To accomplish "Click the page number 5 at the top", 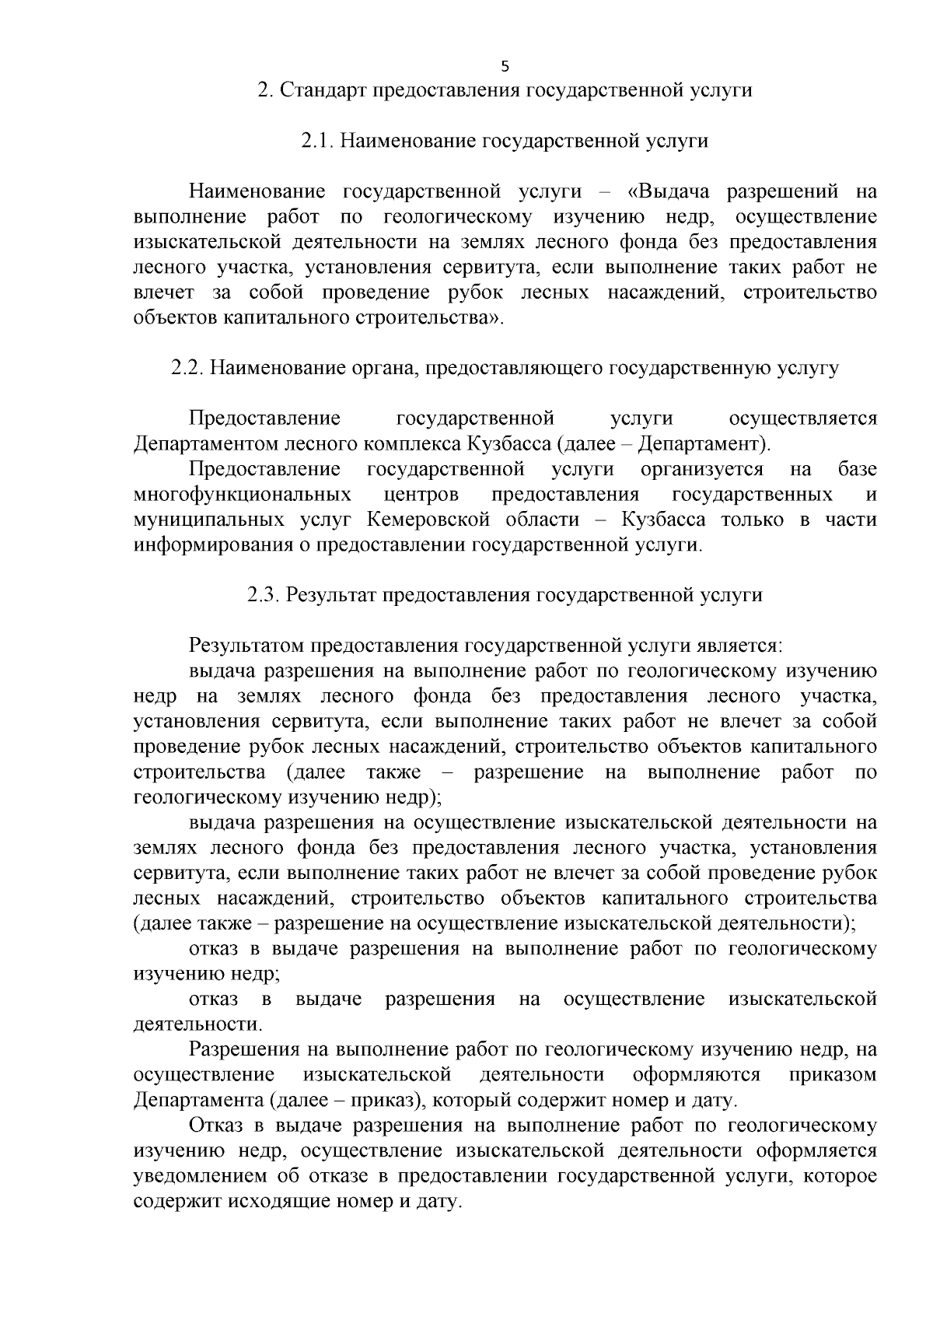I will coord(505,65).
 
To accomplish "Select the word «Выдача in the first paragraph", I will coord(670,191).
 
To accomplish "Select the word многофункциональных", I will coord(242,495).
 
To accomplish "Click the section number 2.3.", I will coord(264,595).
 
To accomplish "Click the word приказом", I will coord(833,1075).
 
